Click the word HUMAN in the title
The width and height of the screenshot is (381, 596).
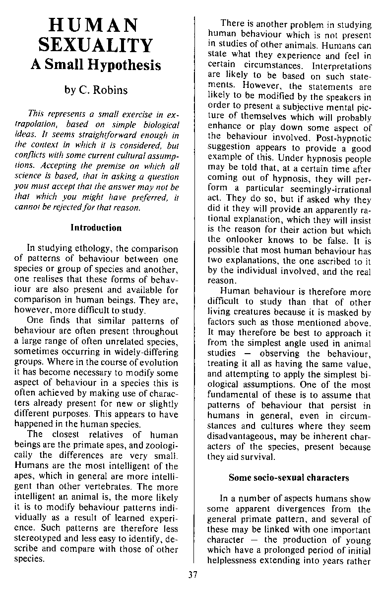[96, 25]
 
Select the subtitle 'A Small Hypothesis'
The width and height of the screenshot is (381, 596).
[96, 65]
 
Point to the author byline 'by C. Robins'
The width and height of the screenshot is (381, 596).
[96, 90]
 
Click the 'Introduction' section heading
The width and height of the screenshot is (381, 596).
[96, 228]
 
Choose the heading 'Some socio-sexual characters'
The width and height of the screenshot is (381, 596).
[289, 478]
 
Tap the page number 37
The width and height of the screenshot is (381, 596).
[193, 575]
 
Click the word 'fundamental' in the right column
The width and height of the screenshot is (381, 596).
[233, 395]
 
